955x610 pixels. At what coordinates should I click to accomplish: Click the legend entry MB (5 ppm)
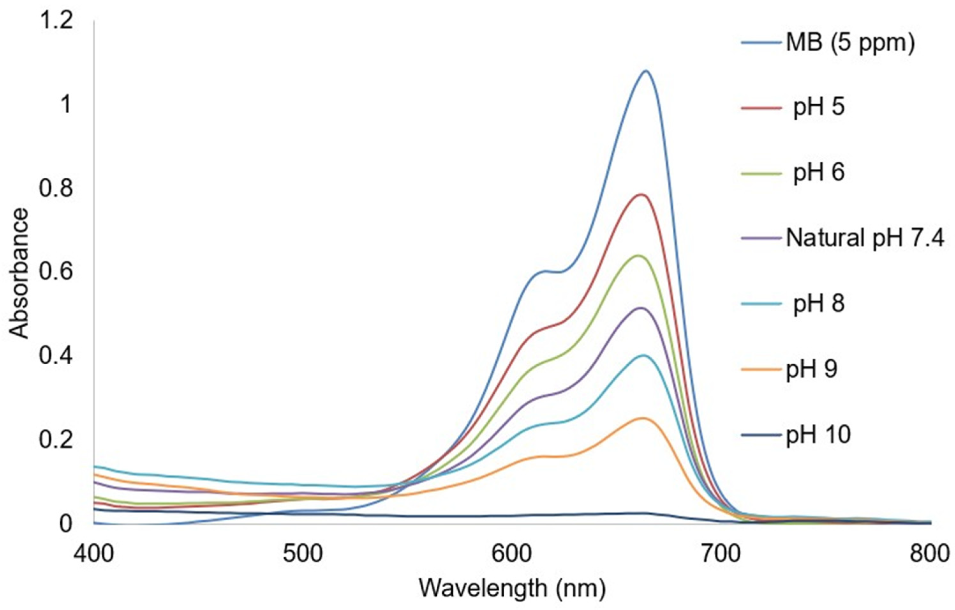tap(849, 54)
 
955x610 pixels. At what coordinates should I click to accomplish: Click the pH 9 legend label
tap(811, 370)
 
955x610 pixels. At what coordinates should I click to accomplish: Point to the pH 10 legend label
tap(818, 435)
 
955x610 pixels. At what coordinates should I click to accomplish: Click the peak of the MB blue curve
tap(646, 71)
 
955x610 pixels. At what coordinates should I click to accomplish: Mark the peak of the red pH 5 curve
tap(641, 194)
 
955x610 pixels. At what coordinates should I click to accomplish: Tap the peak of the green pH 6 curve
tap(639, 256)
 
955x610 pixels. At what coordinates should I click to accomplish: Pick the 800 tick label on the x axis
tap(929, 554)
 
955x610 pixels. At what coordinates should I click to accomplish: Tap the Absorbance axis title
tap(19, 274)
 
